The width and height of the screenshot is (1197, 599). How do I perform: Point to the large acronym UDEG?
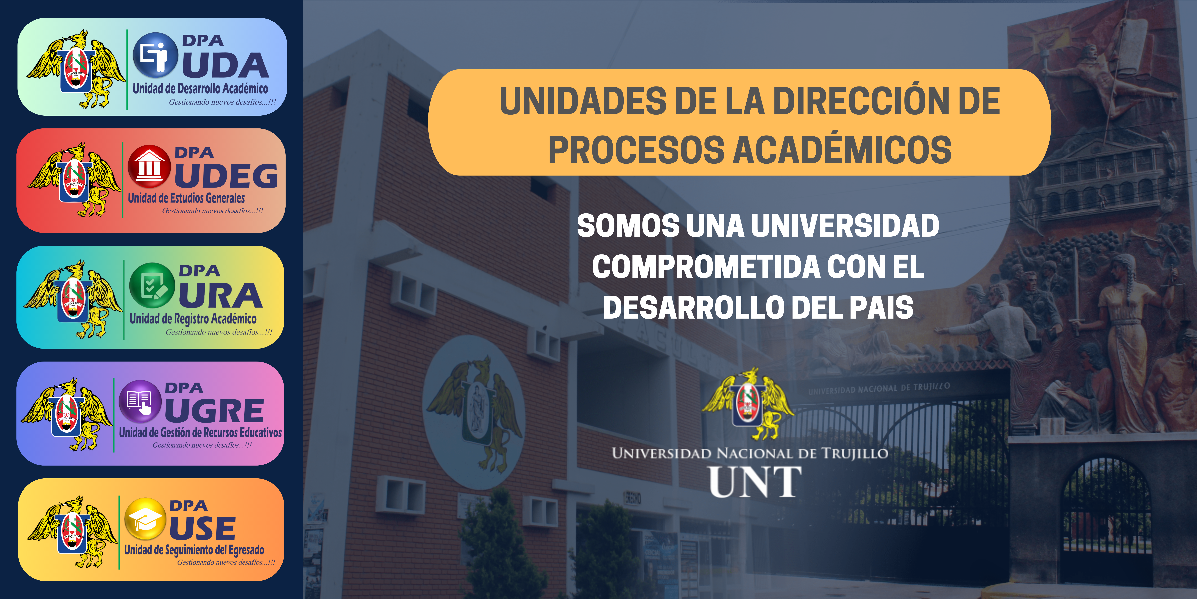tap(226, 176)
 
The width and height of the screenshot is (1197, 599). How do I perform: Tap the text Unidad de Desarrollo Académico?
tap(200, 88)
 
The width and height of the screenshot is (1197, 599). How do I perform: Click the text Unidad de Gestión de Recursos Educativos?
tap(200, 432)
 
